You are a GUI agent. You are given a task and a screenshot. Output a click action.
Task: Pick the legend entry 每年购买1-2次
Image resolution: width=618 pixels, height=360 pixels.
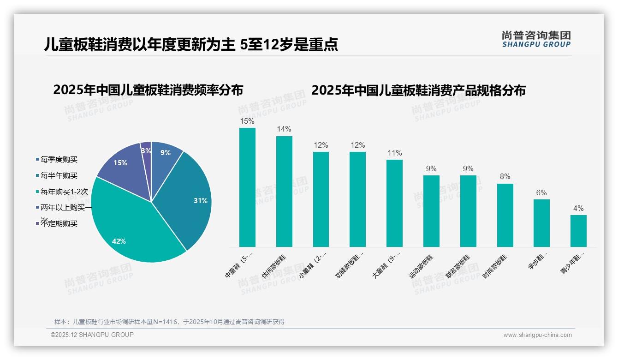64,192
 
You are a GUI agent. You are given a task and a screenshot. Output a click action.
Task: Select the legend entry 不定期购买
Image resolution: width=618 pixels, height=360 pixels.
59,224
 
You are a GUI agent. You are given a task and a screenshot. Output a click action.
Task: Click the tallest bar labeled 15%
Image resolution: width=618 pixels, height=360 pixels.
247,187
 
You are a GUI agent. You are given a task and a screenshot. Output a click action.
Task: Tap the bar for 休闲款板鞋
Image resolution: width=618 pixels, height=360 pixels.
284,192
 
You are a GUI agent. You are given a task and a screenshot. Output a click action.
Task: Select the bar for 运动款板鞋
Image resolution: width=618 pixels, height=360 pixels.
431,211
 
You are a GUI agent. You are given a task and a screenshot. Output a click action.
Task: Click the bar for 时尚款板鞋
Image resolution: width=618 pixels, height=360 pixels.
505,215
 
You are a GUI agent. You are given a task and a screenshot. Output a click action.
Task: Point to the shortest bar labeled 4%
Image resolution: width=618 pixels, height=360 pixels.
578,231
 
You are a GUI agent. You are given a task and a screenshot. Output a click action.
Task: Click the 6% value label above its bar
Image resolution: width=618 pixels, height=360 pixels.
541,192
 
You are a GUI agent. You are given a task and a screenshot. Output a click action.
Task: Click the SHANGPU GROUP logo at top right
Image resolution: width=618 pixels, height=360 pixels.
536,39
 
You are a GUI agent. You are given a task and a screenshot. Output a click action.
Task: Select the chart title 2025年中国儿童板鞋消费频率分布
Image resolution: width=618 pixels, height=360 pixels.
148,90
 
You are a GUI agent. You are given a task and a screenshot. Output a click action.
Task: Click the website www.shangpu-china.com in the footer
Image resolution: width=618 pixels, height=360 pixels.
537,335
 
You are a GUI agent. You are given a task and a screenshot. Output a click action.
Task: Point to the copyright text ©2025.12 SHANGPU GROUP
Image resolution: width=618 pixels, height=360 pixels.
92,335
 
